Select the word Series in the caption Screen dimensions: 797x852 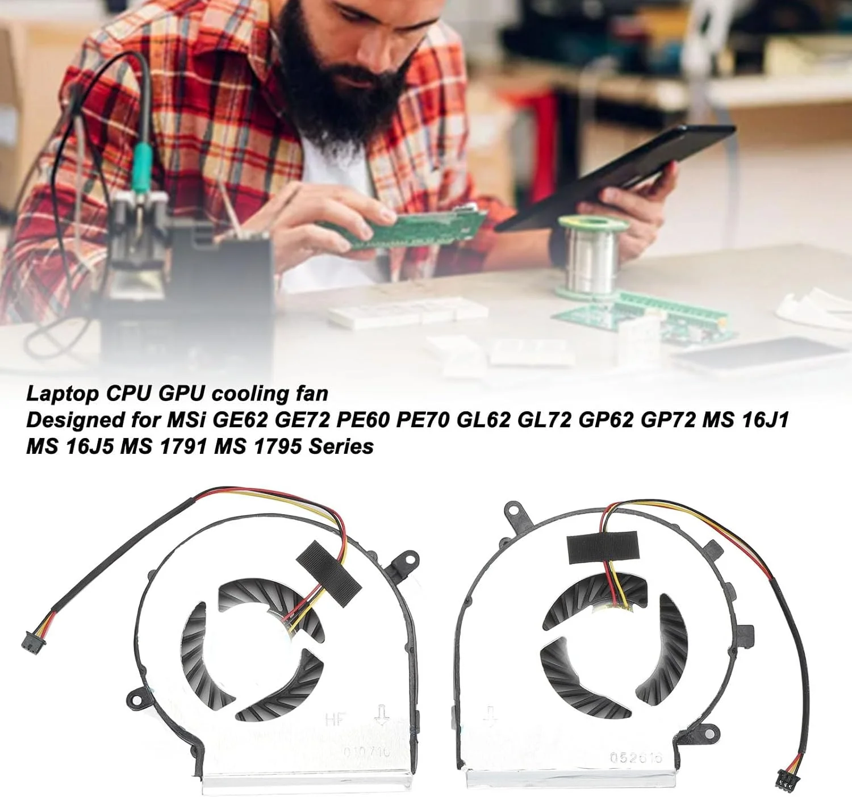pyautogui.click(x=341, y=447)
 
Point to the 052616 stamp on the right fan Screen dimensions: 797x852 pyautogui.click(x=636, y=758)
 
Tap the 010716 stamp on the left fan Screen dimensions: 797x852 pyautogui.click(x=367, y=751)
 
